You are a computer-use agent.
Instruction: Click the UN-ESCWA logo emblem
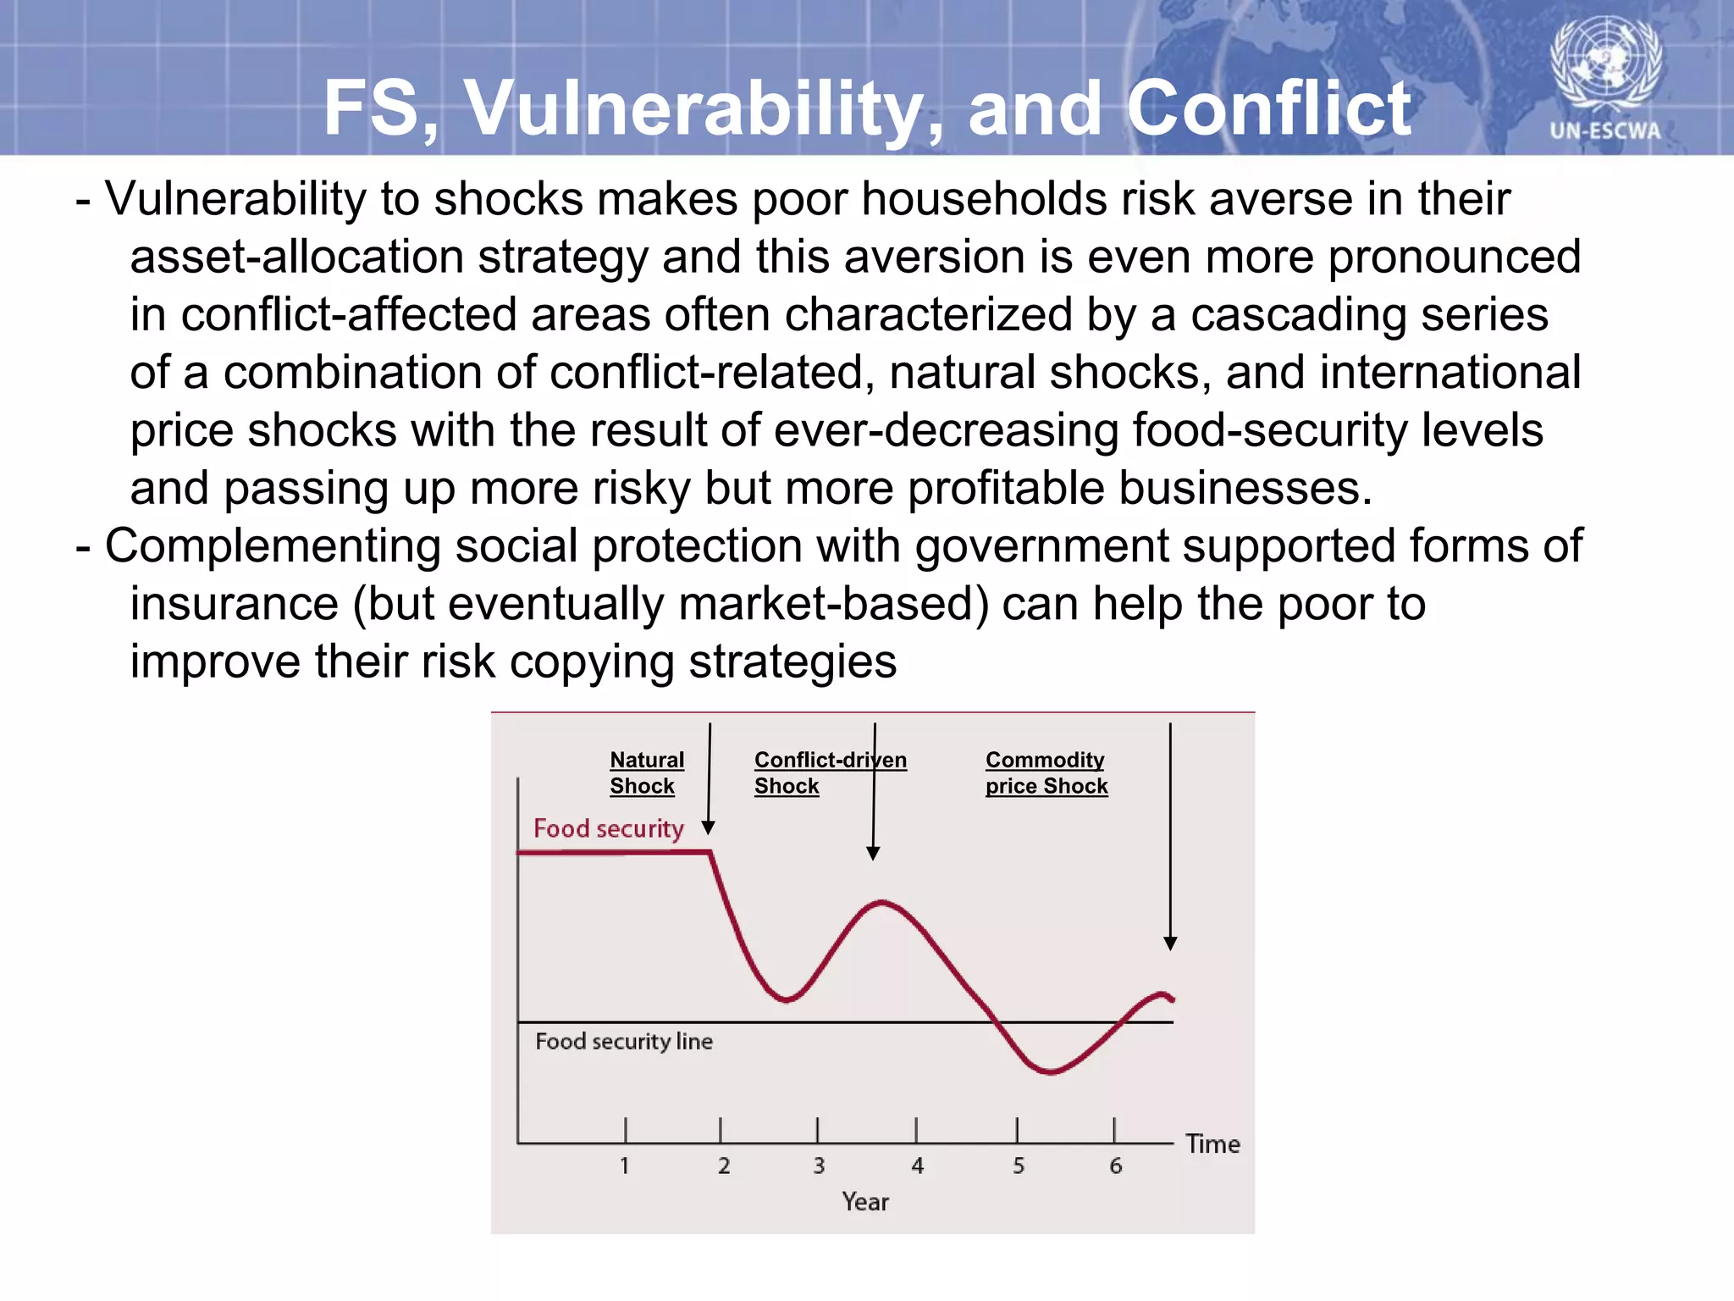1605,64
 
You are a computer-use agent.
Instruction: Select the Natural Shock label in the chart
646,772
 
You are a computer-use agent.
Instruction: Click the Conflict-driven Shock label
829,772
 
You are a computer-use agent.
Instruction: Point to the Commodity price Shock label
1046,772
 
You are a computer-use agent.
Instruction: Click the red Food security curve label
608,828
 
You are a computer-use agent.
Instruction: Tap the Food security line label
623,1041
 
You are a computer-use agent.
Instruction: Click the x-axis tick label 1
625,1165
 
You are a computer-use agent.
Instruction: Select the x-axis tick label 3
819,1165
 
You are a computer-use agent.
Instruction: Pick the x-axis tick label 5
1019,1165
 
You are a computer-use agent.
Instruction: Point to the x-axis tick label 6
1115,1165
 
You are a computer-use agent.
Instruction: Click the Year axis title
864,1202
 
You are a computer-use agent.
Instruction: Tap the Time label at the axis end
1212,1144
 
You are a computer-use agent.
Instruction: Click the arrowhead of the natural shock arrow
709,828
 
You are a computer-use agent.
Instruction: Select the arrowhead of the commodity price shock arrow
1170,944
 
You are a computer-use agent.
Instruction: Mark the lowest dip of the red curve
1050,1072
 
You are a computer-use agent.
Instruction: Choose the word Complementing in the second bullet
273,546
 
